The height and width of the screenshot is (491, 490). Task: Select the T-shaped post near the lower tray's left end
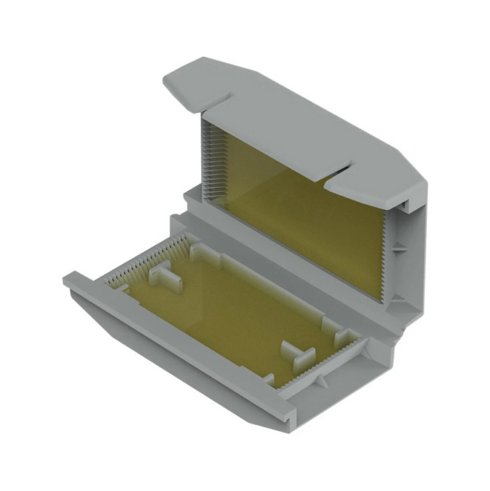coord(164,273)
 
